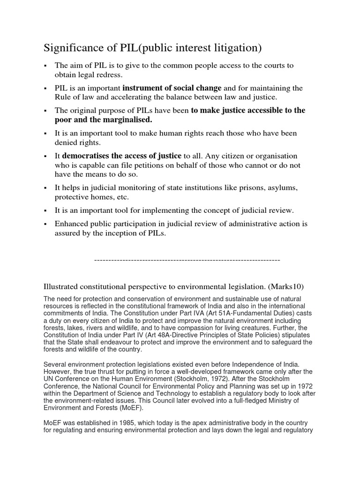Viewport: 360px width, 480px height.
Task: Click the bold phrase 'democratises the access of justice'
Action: [122, 156]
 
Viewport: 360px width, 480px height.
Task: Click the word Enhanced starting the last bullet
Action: [71, 223]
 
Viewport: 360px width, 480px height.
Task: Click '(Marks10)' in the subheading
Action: [290, 286]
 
